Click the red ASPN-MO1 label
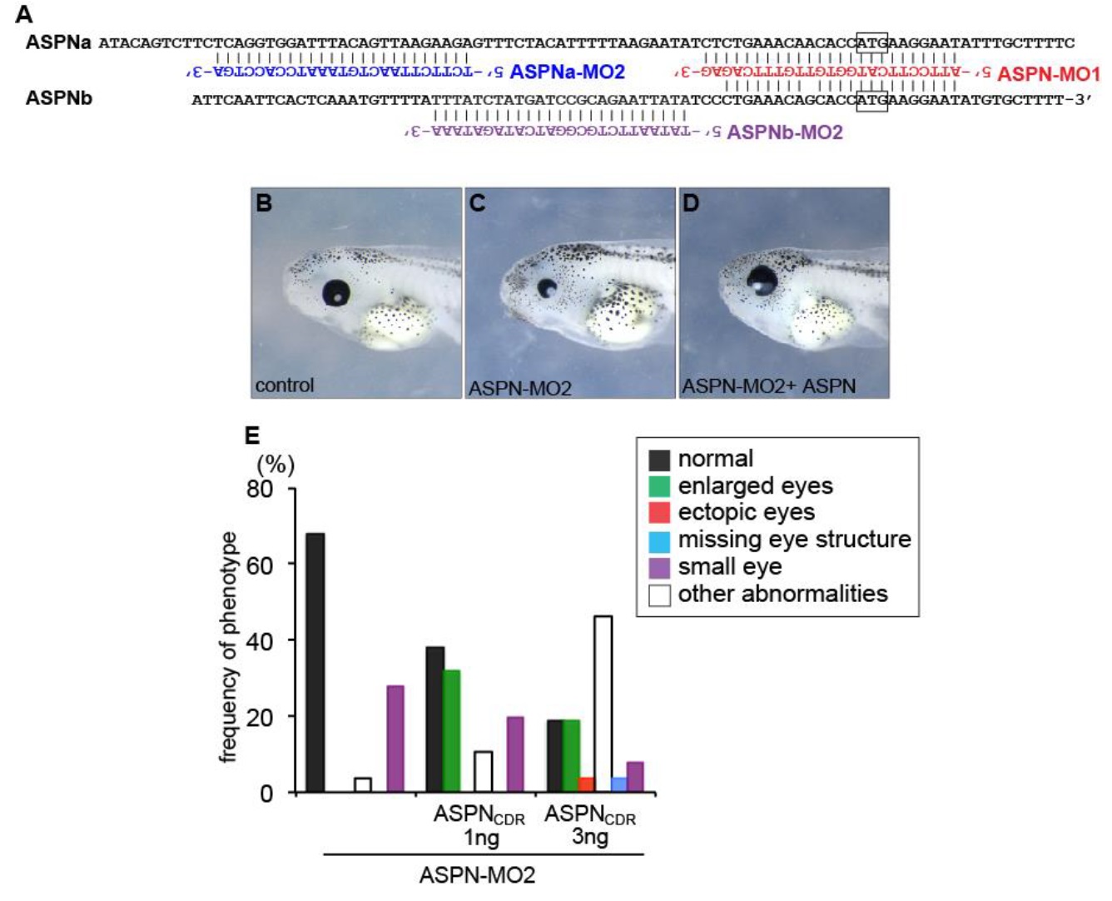pos(1048,74)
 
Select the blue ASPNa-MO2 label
pos(567,72)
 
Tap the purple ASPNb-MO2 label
pos(784,132)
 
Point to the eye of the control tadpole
pos(336,291)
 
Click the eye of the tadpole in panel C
pos(548,288)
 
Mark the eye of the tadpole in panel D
pos(763,281)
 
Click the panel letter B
pos(264,203)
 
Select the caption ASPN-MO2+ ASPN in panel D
pos(768,386)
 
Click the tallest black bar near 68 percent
pos(315,662)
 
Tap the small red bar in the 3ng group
pos(586,784)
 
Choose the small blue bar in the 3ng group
pos(618,784)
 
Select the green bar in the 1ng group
pos(451,730)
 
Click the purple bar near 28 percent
pos(395,739)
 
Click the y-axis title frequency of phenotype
pos(228,647)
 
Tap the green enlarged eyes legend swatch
pos(659,486)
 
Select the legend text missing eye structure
pos(794,540)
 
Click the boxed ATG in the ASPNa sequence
pos(871,42)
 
